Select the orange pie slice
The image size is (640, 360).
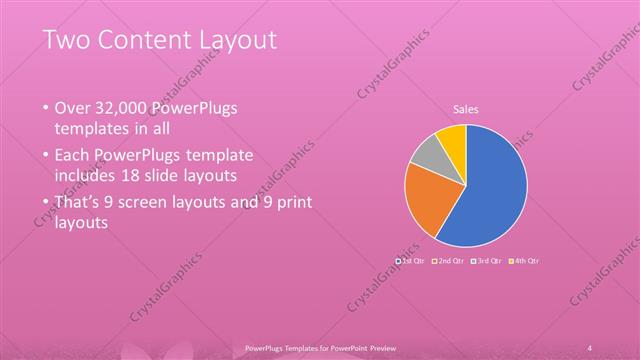[425, 198]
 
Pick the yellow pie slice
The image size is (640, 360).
[453, 136]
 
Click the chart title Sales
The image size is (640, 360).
[466, 108]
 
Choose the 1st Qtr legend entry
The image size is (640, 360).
[411, 260]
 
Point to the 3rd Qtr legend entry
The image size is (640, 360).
[488, 260]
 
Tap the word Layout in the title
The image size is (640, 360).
[235, 40]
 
